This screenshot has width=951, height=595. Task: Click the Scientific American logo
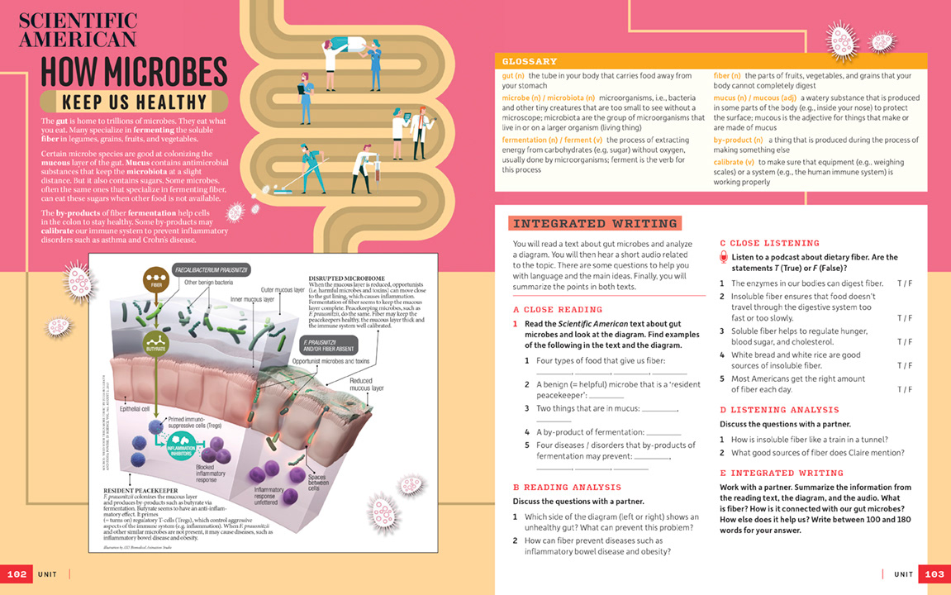(x=78, y=31)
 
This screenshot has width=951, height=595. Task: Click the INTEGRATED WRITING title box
(x=593, y=223)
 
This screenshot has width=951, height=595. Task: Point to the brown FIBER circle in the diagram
(x=155, y=280)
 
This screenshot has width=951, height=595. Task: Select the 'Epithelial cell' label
(x=136, y=408)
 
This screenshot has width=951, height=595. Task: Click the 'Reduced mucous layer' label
(x=366, y=383)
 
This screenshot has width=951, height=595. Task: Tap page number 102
(x=17, y=574)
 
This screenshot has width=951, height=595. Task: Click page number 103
(x=934, y=574)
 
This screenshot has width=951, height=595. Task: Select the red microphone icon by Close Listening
(x=724, y=257)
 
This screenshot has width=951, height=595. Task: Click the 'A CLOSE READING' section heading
(x=556, y=310)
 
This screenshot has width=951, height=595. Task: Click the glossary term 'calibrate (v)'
(x=733, y=162)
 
